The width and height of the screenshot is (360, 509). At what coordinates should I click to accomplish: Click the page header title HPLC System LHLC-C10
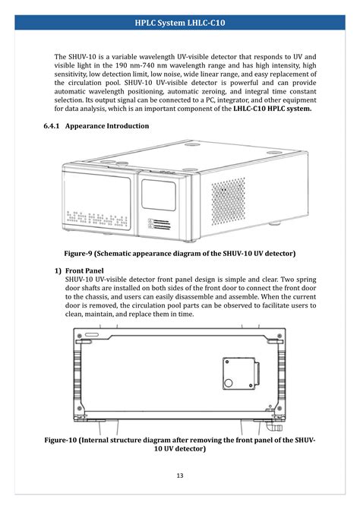click(x=180, y=24)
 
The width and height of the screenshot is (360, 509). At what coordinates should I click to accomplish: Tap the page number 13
click(x=180, y=476)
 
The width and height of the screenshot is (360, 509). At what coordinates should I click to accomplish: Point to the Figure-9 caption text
click(x=180, y=252)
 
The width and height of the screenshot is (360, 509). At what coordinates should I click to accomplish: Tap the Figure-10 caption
click(x=180, y=444)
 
